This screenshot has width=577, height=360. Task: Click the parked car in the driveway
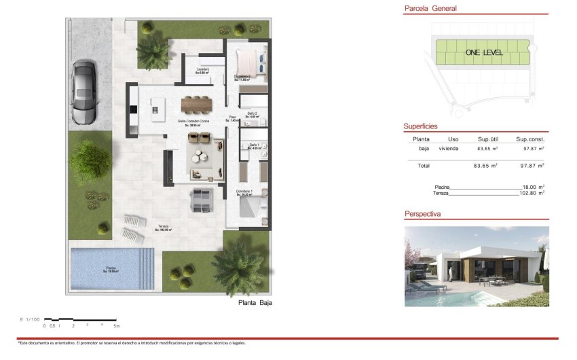tap(84, 92)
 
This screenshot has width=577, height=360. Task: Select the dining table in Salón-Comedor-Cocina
tap(196, 104)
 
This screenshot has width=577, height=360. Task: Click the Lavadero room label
tap(202, 69)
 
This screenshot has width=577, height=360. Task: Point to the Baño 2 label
tap(251, 113)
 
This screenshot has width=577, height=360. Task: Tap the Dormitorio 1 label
tap(244, 192)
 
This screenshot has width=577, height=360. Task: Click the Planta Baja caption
tap(255, 303)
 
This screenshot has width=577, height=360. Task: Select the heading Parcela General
tap(430, 9)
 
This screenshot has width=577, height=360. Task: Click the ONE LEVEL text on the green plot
tap(483, 52)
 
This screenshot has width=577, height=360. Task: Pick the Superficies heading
tap(420, 126)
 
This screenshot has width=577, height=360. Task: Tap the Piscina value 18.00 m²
tap(533, 187)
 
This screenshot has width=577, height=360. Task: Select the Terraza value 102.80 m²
tap(532, 193)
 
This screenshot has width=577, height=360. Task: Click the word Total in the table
tap(423, 165)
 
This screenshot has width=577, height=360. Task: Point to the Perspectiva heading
tap(422, 213)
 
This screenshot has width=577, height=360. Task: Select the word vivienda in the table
tap(448, 148)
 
